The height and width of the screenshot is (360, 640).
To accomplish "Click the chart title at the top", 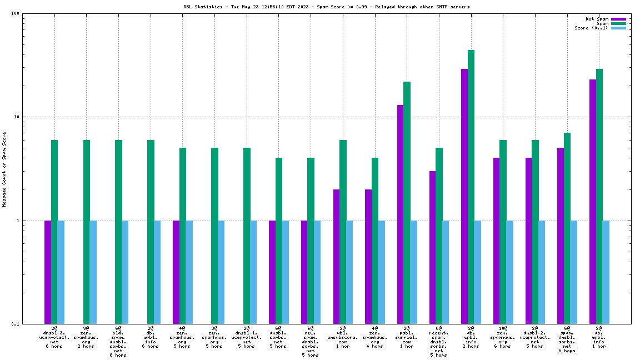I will pyautogui.click(x=326, y=7).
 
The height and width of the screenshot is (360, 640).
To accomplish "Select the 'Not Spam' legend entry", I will pyautogui.click(x=597, y=19).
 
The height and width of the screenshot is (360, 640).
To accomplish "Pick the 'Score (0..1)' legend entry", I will pyautogui.click(x=591, y=28).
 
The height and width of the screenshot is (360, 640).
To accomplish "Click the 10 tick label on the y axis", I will pyautogui.click(x=16, y=117).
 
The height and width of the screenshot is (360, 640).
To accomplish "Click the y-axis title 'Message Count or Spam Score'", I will pyautogui.click(x=4, y=169).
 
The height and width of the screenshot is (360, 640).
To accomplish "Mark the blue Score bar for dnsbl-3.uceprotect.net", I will pyautogui.click(x=61, y=272).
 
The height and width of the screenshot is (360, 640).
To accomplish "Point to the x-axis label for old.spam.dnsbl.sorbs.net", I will pyautogui.click(x=118, y=342).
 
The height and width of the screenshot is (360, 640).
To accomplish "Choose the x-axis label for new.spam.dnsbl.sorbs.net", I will pyautogui.click(x=311, y=342).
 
